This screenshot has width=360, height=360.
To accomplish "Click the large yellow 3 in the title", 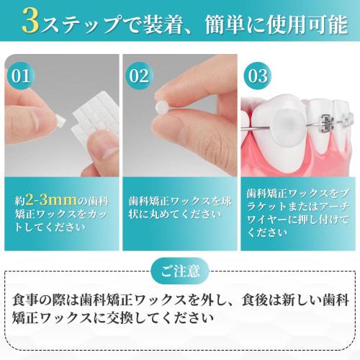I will pos(31,22).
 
